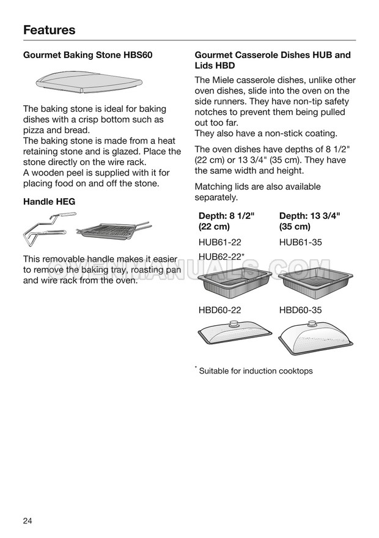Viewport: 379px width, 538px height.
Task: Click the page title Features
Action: pyautogui.click(x=50, y=30)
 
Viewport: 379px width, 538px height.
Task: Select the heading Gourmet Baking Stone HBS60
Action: pyautogui.click(x=87, y=55)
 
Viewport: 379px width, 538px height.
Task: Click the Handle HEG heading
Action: pyautogui.click(x=49, y=201)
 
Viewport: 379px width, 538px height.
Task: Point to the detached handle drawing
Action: pyautogui.click(x=48, y=227)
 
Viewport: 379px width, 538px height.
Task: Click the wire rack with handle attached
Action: pyautogui.click(x=112, y=231)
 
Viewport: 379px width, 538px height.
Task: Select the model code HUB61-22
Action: pyautogui.click(x=220, y=242)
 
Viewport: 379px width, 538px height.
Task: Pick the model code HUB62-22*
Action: pyautogui.click(x=222, y=257)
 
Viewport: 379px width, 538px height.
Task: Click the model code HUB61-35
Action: pyautogui.click(x=300, y=242)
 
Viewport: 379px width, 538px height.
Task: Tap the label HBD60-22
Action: pyautogui.click(x=220, y=310)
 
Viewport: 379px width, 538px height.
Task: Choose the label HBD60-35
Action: pyautogui.click(x=300, y=310)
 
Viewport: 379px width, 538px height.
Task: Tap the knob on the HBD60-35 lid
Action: pyautogui.click(x=314, y=325)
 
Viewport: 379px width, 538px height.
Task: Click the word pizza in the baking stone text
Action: pyautogui.click(x=34, y=130)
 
